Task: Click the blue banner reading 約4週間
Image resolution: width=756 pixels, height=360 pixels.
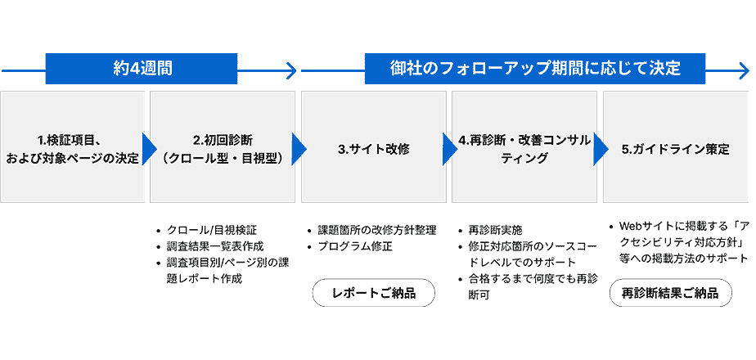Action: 142,69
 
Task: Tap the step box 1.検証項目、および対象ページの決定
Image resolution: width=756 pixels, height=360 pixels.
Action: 73,147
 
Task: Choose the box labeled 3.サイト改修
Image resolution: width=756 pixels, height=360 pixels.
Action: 374,149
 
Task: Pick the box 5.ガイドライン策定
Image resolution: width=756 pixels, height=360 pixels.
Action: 675,149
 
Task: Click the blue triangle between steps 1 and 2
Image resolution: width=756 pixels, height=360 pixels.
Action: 148,149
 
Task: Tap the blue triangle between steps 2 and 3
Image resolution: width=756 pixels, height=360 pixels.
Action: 299,149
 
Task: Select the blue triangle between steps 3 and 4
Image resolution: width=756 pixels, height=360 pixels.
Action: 449,149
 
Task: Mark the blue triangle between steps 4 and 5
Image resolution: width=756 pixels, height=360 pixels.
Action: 600,149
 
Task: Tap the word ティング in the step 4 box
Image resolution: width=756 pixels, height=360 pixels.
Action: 524,158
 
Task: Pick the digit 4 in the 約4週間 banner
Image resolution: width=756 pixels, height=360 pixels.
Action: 135,69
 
